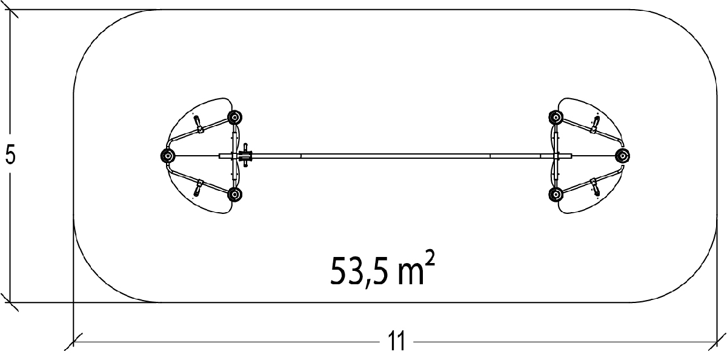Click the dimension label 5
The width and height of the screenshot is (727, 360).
click(10, 155)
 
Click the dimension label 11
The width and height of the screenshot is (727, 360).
click(397, 341)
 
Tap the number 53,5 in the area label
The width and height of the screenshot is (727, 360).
click(359, 272)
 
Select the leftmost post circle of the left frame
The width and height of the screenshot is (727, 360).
click(168, 156)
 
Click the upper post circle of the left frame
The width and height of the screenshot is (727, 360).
click(234, 117)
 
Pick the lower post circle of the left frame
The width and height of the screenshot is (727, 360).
click(234, 195)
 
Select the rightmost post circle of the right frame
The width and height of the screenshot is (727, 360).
click(623, 156)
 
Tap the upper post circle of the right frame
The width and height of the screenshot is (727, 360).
click(556, 117)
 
